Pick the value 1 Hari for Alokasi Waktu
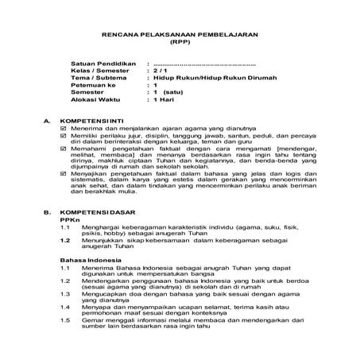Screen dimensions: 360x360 coord(165,101)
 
